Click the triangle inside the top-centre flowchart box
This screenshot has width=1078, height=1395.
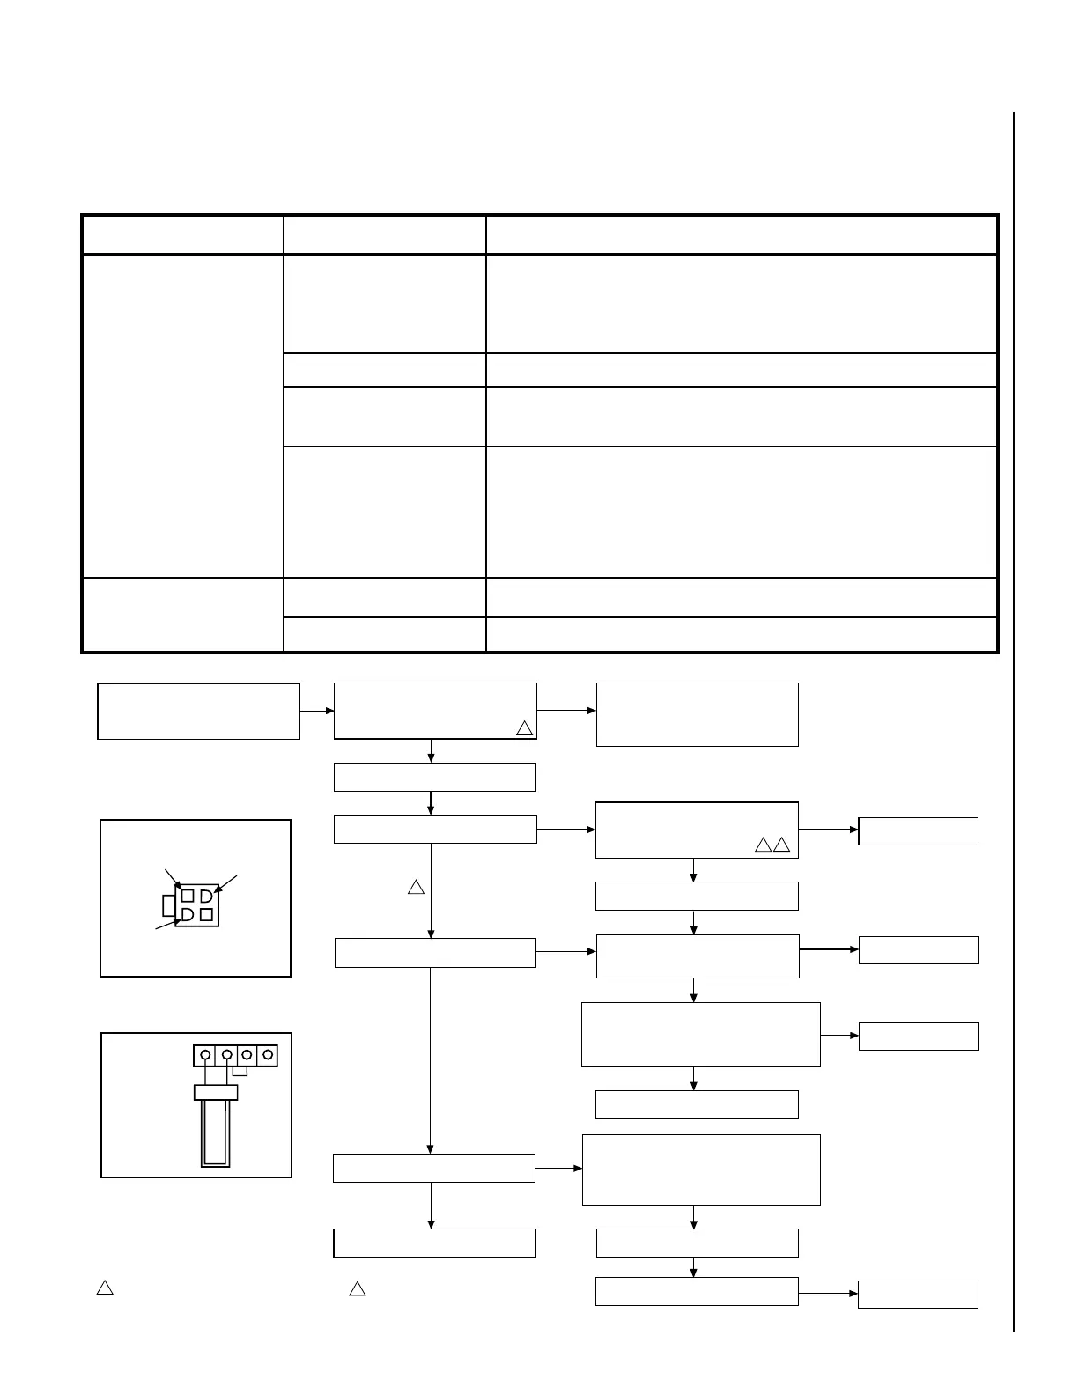(x=524, y=728)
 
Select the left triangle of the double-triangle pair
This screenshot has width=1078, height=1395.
(x=763, y=846)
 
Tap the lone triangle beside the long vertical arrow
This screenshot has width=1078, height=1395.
(x=416, y=887)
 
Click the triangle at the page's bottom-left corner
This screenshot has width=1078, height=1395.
(x=104, y=1288)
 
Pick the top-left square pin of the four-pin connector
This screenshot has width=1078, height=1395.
(x=188, y=896)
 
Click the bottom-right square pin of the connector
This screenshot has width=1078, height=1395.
(x=207, y=915)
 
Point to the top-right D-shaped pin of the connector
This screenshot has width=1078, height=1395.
(x=206, y=896)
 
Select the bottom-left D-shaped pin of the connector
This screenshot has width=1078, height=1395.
(x=188, y=915)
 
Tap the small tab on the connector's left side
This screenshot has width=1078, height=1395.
(x=169, y=905)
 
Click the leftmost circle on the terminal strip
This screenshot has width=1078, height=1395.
(x=205, y=1055)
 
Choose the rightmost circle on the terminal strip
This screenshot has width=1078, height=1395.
(x=267, y=1055)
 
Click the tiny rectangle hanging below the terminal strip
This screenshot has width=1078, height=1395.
(x=240, y=1071)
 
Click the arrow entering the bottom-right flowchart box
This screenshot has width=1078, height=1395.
(x=828, y=1294)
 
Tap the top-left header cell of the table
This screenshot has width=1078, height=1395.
(x=182, y=235)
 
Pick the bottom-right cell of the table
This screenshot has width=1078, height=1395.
(x=742, y=634)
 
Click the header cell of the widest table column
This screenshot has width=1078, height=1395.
(x=742, y=235)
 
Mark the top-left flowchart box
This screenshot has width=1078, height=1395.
(x=199, y=711)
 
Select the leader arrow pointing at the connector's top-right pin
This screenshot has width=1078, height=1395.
(x=225, y=883)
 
